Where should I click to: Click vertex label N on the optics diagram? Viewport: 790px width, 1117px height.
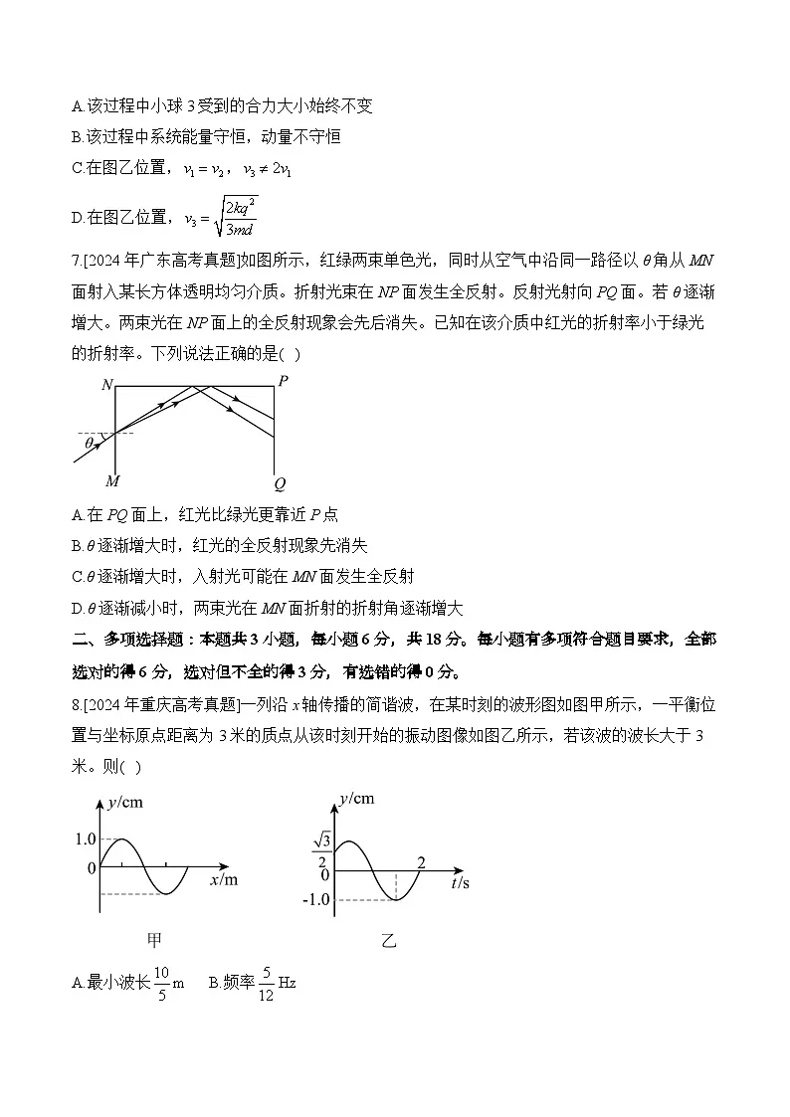[x=106, y=384]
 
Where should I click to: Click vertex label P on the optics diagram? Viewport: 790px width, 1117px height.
[x=284, y=382]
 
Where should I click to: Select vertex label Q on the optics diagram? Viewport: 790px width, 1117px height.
[x=280, y=484]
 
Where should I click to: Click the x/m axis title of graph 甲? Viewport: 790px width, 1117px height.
[x=224, y=880]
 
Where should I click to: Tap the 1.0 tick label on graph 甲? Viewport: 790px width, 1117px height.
[x=86, y=839]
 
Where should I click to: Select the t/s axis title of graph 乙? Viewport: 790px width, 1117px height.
[x=460, y=881]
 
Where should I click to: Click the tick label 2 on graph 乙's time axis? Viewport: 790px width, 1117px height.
[x=421, y=861]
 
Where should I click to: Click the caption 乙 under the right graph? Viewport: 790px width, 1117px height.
[x=388, y=940]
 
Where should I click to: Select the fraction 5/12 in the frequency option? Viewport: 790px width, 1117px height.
[x=266, y=983]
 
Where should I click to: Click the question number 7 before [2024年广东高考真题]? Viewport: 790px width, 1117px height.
[x=76, y=262]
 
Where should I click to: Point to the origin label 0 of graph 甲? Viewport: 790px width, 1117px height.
[x=92, y=868]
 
